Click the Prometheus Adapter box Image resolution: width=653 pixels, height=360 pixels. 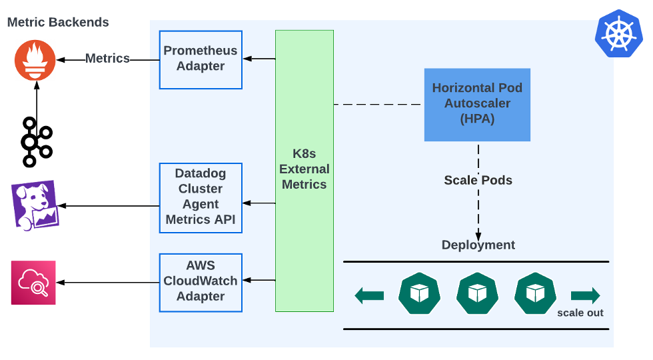[x=201, y=59]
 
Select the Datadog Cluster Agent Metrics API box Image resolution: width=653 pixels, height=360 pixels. [x=201, y=197]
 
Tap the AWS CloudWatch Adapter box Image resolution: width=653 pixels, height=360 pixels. [x=201, y=282]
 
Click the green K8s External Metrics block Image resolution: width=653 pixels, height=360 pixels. [x=305, y=171]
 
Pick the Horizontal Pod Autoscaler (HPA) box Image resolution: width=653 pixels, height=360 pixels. [x=477, y=104]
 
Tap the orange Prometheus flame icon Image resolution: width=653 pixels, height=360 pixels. [x=36, y=60]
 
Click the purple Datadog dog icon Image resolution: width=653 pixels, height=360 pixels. [x=35, y=205]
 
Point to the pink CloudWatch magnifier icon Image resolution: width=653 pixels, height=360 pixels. [x=33, y=283]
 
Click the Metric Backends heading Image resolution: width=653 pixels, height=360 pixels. [x=58, y=22]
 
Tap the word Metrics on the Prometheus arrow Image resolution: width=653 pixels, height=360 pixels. [x=107, y=59]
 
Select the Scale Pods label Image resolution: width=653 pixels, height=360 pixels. [x=478, y=180]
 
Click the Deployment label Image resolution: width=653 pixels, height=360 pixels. [x=478, y=245]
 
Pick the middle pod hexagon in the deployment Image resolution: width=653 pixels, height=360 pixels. [x=477, y=294]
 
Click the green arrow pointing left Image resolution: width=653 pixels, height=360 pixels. [x=369, y=295]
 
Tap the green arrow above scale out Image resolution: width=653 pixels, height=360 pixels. [x=585, y=295]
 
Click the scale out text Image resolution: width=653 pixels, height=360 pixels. [x=580, y=313]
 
